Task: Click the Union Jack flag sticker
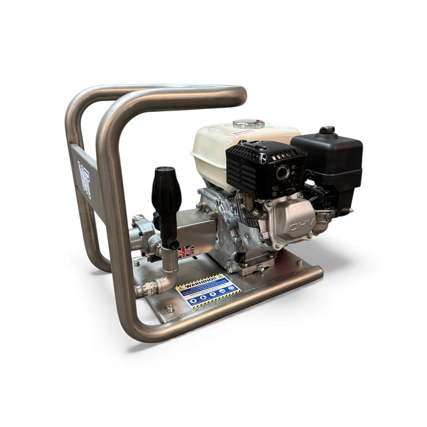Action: click(186, 251)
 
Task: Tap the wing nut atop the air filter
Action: click(327, 130)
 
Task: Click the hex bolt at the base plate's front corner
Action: click(170, 308)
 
